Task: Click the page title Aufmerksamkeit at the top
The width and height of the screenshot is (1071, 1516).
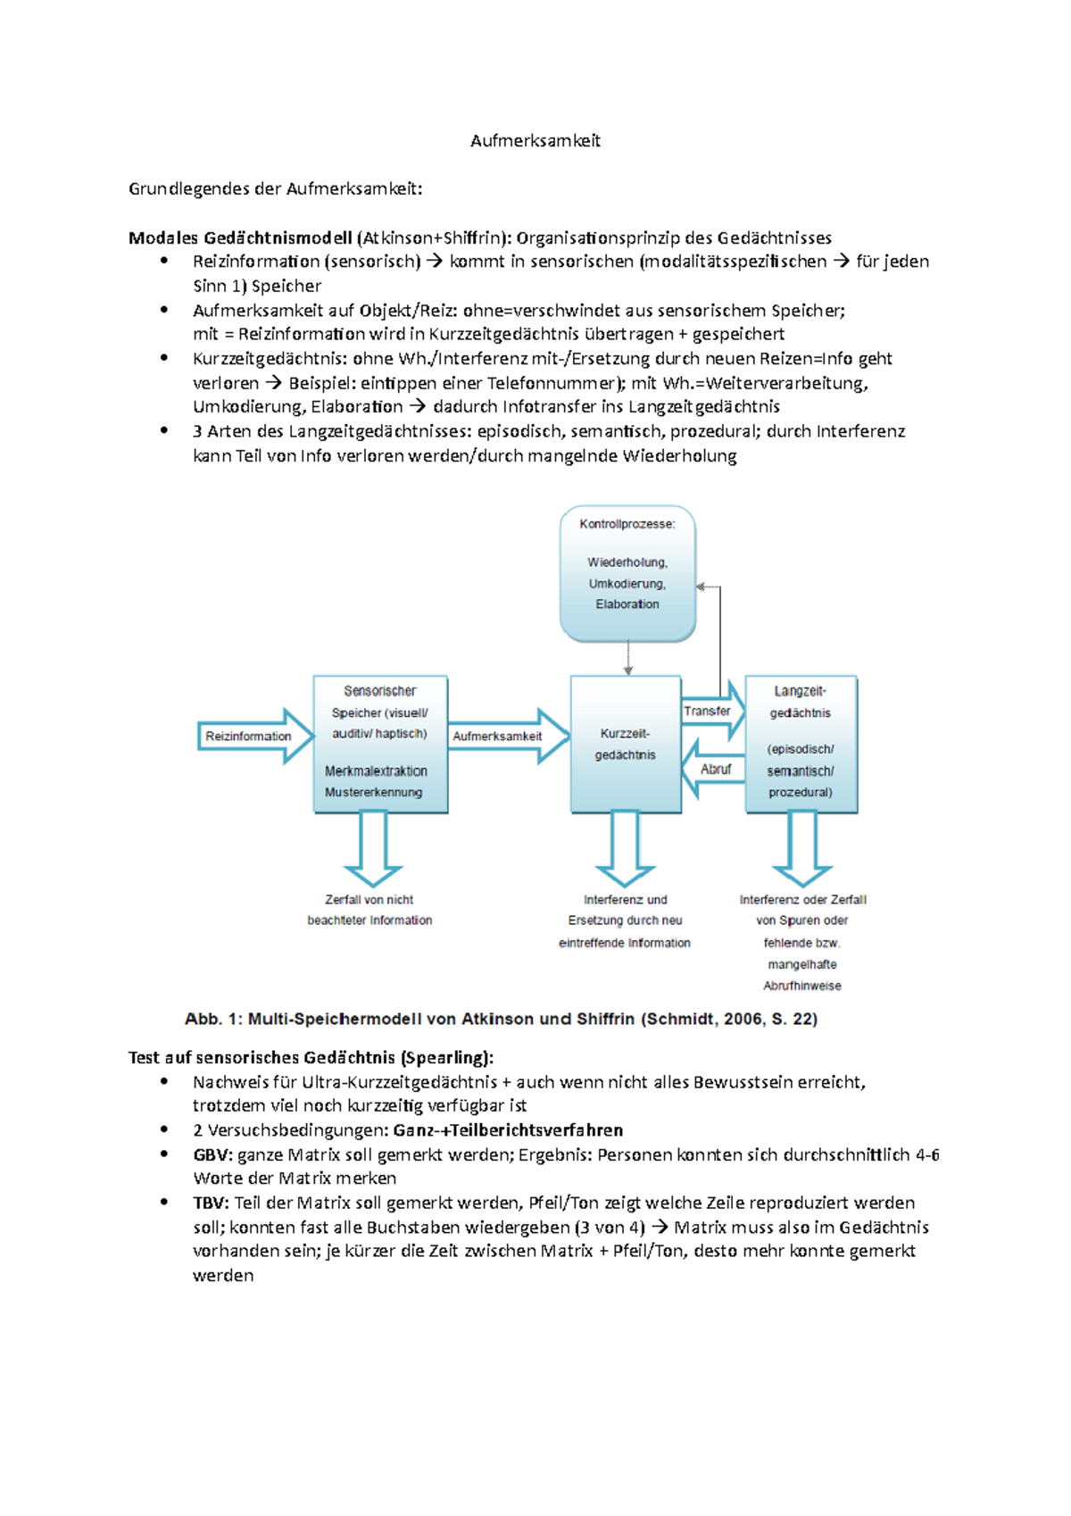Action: click(535, 140)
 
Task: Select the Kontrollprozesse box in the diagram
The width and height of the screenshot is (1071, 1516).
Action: click(627, 572)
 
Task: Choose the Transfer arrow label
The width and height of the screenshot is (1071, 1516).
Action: click(707, 711)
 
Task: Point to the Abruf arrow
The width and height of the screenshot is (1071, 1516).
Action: click(715, 769)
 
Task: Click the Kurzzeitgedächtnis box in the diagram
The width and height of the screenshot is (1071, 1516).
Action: click(626, 744)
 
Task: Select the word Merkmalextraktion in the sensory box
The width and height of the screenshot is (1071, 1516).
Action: click(376, 770)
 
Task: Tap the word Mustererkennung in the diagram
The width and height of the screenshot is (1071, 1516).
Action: click(373, 792)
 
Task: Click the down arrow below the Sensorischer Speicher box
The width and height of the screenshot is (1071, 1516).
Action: click(373, 848)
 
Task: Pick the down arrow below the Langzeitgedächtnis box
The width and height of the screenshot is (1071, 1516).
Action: click(802, 848)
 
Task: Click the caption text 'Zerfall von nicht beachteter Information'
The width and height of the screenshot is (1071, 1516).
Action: click(369, 910)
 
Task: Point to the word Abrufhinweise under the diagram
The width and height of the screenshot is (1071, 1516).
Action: click(801, 986)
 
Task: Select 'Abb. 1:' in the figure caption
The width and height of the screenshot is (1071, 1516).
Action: click(212, 1019)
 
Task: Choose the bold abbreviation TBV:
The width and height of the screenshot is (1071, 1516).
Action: click(212, 1203)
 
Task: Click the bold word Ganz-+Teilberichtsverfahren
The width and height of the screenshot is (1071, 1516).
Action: click(508, 1130)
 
